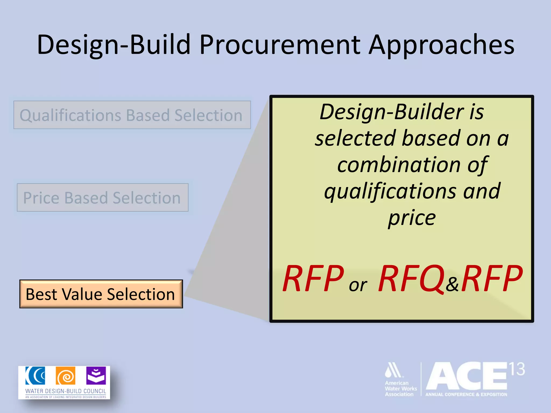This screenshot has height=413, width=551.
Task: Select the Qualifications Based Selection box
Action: coord(132,115)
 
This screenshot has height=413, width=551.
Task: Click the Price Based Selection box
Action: coord(103,198)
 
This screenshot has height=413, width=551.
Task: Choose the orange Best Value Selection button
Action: coord(101,294)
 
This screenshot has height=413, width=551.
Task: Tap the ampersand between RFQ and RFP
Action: coord(452,284)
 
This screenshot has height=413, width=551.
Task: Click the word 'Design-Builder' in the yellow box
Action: coord(392,112)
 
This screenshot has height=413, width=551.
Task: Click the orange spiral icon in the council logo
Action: coord(66,376)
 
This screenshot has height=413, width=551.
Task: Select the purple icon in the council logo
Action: coord(96,376)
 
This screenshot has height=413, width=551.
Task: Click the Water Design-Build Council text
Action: coord(66,391)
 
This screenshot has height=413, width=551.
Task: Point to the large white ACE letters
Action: coord(467,376)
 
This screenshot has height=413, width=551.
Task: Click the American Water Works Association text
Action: coord(401,389)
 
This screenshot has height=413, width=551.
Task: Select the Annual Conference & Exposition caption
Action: coord(466,394)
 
